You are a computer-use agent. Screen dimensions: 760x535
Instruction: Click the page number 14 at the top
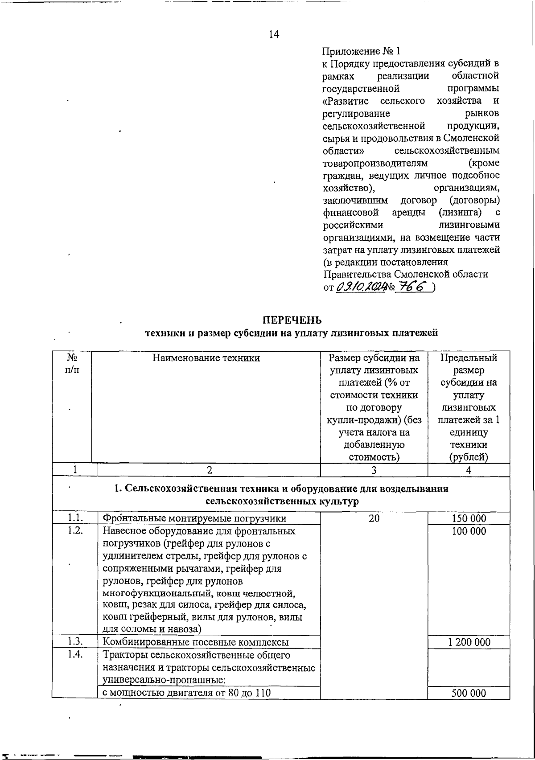click(x=274, y=34)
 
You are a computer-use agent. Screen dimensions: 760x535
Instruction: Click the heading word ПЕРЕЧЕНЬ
click(x=292, y=320)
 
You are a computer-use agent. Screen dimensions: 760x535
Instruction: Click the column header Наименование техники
click(x=206, y=357)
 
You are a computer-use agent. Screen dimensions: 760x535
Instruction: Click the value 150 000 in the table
click(x=469, y=518)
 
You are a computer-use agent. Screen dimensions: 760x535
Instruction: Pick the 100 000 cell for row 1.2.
click(x=469, y=531)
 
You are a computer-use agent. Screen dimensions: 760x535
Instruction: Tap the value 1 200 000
click(x=469, y=642)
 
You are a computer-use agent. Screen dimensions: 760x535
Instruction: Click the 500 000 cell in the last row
click(x=469, y=693)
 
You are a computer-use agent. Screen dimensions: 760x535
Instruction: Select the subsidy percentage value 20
click(x=374, y=518)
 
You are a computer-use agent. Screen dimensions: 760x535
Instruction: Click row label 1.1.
click(x=75, y=518)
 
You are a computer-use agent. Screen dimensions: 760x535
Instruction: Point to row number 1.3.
click(x=75, y=642)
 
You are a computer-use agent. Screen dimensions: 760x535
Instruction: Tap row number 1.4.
click(x=75, y=655)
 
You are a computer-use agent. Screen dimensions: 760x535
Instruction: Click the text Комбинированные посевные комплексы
click(x=196, y=642)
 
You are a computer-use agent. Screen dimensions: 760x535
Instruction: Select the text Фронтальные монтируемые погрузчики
click(x=194, y=518)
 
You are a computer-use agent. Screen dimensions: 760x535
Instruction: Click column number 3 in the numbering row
click(x=374, y=470)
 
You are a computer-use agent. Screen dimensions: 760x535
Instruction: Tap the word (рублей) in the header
click(x=469, y=457)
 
